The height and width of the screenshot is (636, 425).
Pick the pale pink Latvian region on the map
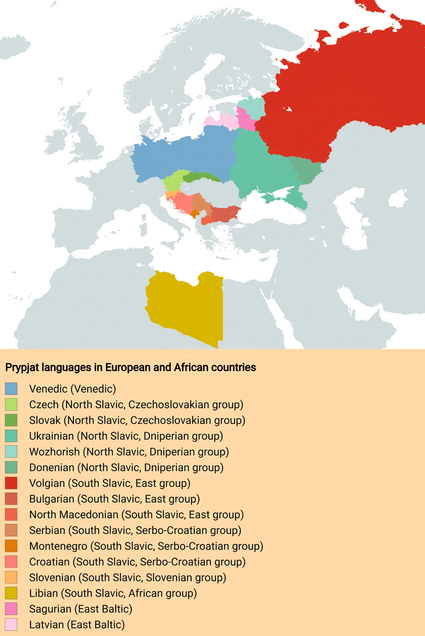220,121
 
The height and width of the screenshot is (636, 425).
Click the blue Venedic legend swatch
11,389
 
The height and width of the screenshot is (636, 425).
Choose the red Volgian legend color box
11,483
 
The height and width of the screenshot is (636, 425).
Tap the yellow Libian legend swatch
11,593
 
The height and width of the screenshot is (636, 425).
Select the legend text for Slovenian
127,577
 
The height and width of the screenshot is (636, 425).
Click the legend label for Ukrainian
126,436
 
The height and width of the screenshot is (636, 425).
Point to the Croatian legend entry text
137,562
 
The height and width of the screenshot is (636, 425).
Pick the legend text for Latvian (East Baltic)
77,624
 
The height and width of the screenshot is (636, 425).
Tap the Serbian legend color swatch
11,530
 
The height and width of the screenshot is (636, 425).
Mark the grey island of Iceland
14,46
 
